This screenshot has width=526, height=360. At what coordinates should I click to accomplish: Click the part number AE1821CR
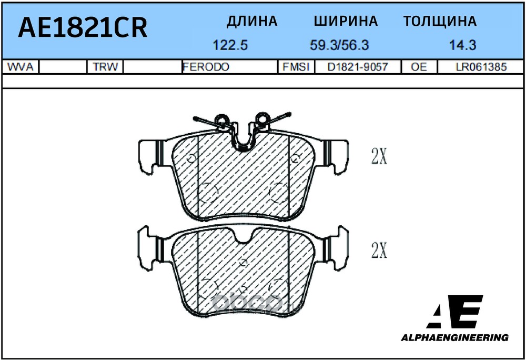coord(83,27)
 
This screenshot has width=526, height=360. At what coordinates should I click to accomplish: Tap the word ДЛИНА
coord(252,21)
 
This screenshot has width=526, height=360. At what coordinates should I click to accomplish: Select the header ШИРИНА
coord(346,21)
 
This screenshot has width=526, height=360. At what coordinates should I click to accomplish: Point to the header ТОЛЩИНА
coord(440,21)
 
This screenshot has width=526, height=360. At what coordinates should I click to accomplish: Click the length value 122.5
coord(230,45)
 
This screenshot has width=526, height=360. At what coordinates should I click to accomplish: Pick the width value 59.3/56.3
coord(339,45)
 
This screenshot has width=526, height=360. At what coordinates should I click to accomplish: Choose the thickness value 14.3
coord(463,45)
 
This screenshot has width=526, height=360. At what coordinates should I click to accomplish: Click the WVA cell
coord(21,67)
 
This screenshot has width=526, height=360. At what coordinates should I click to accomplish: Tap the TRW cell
coord(104,67)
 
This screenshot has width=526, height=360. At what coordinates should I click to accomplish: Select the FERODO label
coord(206,67)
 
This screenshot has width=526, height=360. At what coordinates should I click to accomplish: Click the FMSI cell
coord(296,67)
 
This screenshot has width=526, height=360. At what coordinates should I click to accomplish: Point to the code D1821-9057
coord(357,67)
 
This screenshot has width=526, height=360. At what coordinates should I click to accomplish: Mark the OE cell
coord(419,67)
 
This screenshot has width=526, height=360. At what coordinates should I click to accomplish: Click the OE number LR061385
coord(480,67)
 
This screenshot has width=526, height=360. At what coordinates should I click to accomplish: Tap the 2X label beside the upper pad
coord(379,156)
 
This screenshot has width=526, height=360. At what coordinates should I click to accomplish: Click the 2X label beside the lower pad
coord(379,251)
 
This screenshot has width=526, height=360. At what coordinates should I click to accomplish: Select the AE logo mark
coord(456,312)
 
